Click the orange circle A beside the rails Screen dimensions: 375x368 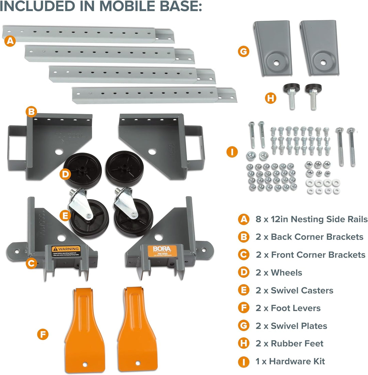[11, 42]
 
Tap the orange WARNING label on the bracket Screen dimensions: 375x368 [66, 251]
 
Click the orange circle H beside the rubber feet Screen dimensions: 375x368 [270, 98]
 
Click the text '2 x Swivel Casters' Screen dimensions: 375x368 [294, 290]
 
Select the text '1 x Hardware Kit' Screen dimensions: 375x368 [290, 361]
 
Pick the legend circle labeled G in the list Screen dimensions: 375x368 [243, 326]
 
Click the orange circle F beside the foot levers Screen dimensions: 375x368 [43, 334]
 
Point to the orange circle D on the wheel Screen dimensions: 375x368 [65, 175]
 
